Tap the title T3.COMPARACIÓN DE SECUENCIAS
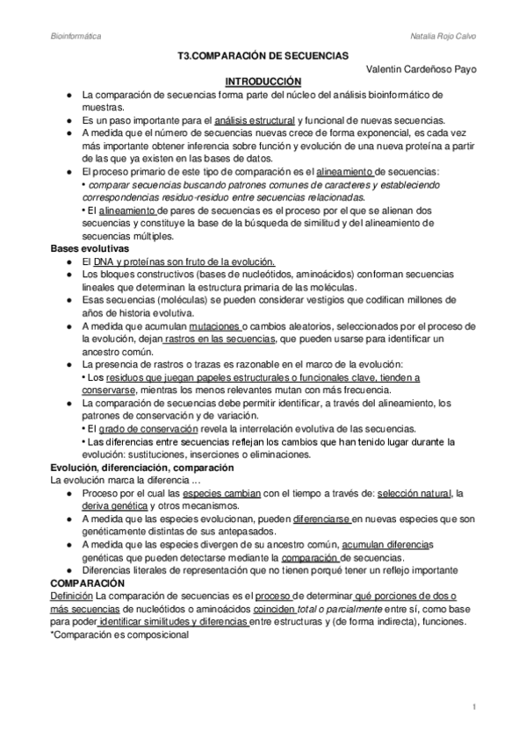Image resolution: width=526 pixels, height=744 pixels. [x=263, y=54]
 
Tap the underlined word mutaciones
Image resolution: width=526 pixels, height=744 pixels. [x=215, y=326]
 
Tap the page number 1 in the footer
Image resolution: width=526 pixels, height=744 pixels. [x=473, y=706]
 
